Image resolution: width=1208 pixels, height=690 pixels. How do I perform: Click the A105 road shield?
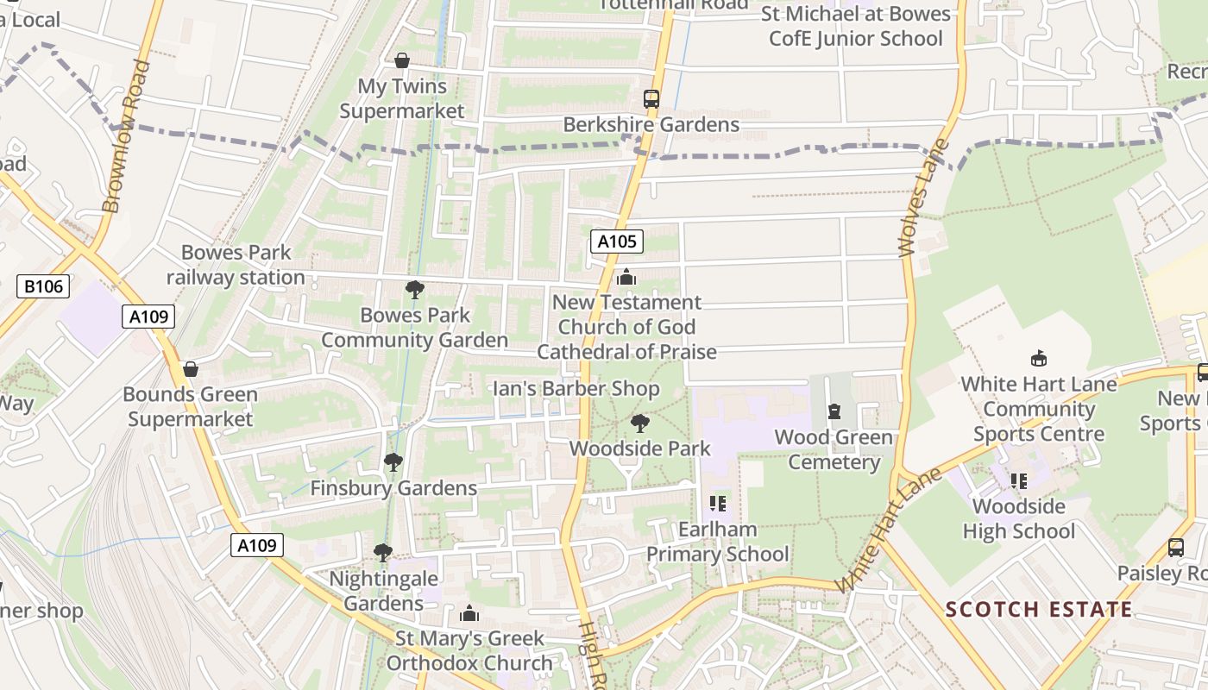click(x=618, y=241)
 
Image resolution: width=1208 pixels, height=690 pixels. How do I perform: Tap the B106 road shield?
click(x=42, y=285)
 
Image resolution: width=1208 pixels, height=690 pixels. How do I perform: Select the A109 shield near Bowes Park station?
click(x=148, y=317)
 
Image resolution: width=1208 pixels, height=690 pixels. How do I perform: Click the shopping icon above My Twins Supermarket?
click(x=402, y=60)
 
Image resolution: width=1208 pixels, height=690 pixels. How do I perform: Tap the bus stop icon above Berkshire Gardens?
click(x=651, y=99)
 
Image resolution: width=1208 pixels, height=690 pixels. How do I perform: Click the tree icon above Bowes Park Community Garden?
click(x=415, y=290)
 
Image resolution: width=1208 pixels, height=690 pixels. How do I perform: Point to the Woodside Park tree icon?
click(x=639, y=423)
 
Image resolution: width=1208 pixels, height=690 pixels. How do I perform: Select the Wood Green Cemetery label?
click(x=834, y=449)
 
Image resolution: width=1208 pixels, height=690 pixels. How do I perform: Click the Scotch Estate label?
click(x=1039, y=610)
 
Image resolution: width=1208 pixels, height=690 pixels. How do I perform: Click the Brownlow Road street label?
click(x=125, y=136)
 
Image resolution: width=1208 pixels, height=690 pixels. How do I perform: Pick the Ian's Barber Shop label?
click(x=576, y=389)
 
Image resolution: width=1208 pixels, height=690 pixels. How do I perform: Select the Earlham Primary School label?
click(x=718, y=542)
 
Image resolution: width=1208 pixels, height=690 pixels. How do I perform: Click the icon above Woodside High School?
click(x=1019, y=481)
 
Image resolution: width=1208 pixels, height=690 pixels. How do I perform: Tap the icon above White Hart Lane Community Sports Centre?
click(x=1039, y=359)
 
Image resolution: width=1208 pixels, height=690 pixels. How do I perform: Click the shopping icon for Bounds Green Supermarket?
click(x=191, y=369)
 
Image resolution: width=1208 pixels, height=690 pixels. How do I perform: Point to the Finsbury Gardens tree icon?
click(x=393, y=462)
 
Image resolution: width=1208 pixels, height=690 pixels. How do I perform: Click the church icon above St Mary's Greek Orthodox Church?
click(x=469, y=613)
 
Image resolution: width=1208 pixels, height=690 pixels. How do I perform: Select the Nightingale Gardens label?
click(x=384, y=591)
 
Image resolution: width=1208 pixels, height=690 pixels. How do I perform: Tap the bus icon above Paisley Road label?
click(x=1176, y=547)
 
